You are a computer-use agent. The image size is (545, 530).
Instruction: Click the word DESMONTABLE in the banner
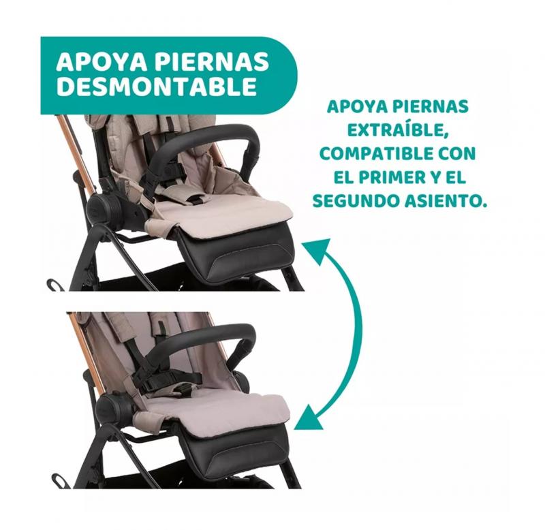click(x=157, y=86)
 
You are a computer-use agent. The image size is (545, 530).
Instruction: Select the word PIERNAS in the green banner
click(x=212, y=61)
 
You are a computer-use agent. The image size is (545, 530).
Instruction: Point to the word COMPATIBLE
click(x=376, y=153)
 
